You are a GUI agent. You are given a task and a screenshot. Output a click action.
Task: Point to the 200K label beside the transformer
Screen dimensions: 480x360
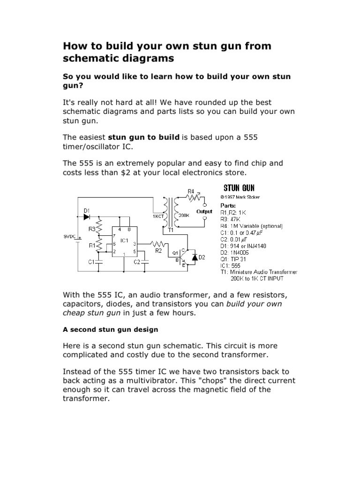(184, 216)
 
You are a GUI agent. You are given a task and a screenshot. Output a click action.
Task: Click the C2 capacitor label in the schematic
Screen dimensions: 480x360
(137, 262)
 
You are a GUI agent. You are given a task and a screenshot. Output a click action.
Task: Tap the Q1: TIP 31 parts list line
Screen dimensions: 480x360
(235, 258)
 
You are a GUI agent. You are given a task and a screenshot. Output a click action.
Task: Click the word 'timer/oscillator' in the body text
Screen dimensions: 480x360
(96, 147)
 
